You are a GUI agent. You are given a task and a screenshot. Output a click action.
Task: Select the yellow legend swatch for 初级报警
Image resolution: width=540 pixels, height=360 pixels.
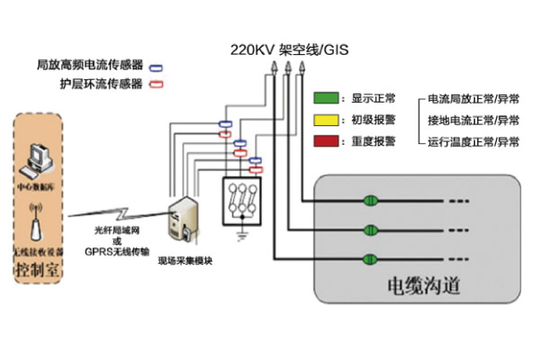point(325,120)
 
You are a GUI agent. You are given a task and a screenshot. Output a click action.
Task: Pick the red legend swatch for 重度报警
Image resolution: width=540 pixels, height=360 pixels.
point(325,141)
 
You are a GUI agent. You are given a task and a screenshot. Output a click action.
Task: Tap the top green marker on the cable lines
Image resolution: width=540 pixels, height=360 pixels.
point(369,200)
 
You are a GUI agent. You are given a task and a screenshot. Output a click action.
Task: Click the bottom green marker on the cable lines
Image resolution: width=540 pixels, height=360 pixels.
point(369,259)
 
